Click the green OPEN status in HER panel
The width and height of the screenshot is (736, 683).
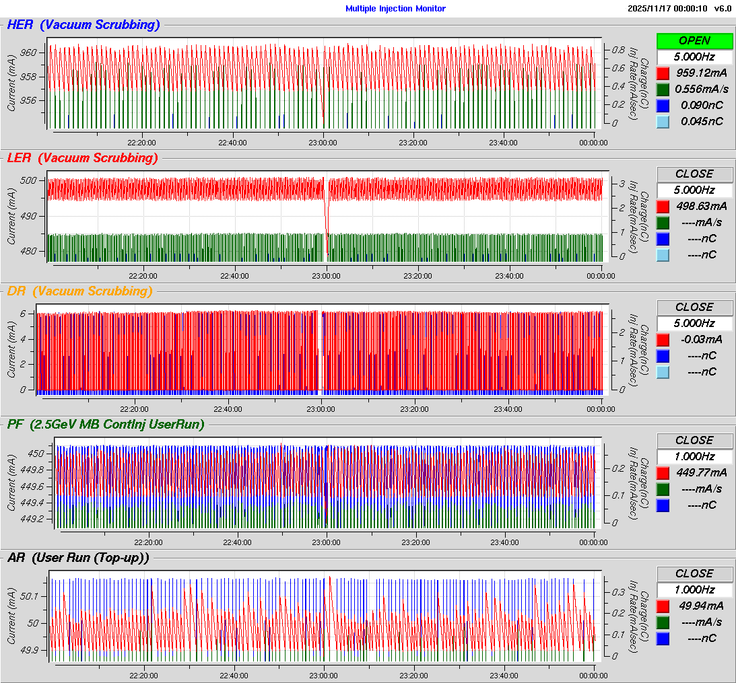tap(694, 40)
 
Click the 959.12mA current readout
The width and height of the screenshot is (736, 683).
tap(702, 73)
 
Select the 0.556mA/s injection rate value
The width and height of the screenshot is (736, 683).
tap(702, 89)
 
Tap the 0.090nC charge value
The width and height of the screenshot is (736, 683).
tap(702, 105)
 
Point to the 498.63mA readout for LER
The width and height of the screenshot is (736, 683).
tap(702, 206)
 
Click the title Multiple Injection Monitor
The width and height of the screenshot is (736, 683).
tap(395, 9)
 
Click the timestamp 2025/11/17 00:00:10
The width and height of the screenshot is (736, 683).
tap(667, 9)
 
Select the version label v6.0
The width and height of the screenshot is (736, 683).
tap(723, 9)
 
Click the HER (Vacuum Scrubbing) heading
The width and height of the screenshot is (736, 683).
tap(83, 26)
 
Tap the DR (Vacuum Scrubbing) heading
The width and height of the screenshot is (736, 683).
tap(79, 291)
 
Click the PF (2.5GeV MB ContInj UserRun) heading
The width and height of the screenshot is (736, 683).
tap(106, 425)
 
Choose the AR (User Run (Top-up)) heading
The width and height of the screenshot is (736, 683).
tap(78, 558)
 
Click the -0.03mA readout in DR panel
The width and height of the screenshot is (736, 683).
tap(702, 339)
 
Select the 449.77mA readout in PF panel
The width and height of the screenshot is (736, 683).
tap(702, 472)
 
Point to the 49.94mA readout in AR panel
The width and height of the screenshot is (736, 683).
tap(702, 606)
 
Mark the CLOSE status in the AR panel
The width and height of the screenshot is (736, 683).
tap(694, 573)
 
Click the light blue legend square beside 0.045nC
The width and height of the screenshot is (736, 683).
tap(663, 121)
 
